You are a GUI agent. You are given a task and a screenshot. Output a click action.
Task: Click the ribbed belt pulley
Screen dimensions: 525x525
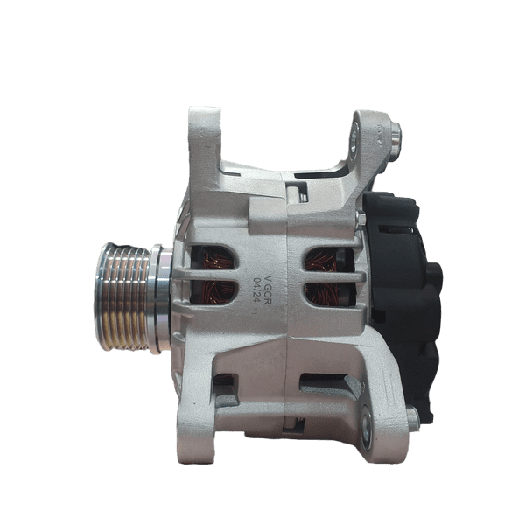122,297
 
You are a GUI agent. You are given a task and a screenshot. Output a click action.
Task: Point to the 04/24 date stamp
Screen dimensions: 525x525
257,290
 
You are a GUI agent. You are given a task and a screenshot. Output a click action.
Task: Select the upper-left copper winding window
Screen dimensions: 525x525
213,257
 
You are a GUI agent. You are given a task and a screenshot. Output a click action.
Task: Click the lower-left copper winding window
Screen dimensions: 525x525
213,292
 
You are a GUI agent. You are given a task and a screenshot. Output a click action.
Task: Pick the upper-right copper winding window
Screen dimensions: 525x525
329,260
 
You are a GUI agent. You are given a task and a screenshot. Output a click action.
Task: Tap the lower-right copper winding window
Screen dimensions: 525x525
329,294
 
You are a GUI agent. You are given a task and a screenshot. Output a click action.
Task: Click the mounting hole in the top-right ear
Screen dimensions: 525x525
353,138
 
